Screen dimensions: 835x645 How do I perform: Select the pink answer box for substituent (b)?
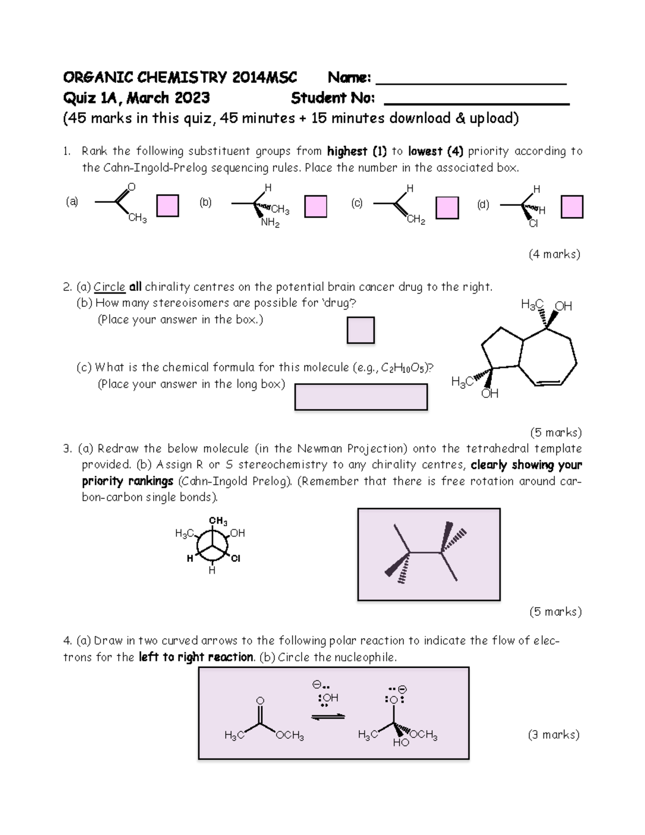point(316,206)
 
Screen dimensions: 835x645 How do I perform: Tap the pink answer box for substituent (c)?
point(447,208)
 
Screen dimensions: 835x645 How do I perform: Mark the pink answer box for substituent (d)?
point(572,207)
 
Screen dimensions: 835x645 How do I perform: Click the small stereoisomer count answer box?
point(360,330)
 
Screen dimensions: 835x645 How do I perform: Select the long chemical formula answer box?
point(361,397)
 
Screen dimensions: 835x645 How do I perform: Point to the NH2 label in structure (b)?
point(270,223)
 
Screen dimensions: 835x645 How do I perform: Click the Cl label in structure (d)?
point(533,224)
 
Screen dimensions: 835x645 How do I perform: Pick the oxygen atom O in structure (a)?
point(132,187)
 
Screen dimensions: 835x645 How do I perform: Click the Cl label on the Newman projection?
point(235,559)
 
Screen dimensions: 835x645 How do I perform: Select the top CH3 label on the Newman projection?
point(218,521)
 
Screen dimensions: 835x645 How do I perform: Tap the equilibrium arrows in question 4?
point(328,717)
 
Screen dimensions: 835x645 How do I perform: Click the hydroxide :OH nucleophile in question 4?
point(329,698)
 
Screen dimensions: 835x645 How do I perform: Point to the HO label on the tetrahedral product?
point(401,743)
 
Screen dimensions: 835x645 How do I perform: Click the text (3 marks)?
point(554,734)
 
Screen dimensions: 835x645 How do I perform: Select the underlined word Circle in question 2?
point(109,287)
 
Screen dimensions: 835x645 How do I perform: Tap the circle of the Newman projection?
point(212,545)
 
